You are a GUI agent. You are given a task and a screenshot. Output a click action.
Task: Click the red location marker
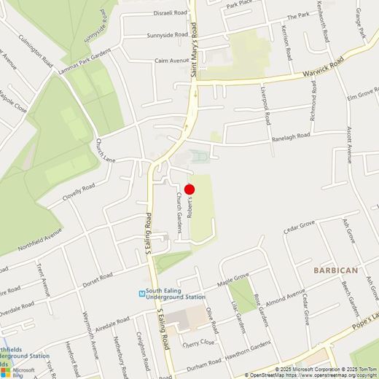click(189, 189)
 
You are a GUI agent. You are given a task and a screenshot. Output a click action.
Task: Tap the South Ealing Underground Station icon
click(144, 294)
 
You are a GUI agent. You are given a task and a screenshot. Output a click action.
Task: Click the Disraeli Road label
click(171, 12)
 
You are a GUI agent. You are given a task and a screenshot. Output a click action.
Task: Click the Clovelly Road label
click(79, 192)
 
